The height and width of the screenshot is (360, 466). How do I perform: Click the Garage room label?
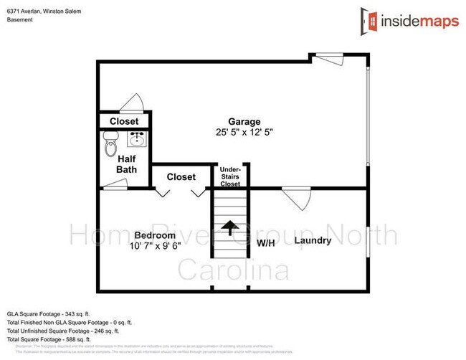click(x=244, y=121)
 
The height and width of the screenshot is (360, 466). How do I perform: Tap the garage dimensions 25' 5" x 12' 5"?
click(x=244, y=133)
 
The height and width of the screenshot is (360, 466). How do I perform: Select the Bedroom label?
click(x=155, y=235)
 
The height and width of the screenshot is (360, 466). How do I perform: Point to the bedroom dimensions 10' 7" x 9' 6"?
click(x=155, y=246)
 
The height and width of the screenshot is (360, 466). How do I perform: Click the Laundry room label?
click(x=313, y=240)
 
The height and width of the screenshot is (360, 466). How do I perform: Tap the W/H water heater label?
click(x=265, y=242)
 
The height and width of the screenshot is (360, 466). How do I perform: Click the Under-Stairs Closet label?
click(x=230, y=176)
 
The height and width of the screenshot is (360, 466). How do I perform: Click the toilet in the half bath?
click(x=110, y=148)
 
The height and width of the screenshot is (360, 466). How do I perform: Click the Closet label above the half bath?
click(x=124, y=121)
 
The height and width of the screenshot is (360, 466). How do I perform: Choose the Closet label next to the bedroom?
click(x=181, y=176)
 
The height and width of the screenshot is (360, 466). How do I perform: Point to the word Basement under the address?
click(x=19, y=19)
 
